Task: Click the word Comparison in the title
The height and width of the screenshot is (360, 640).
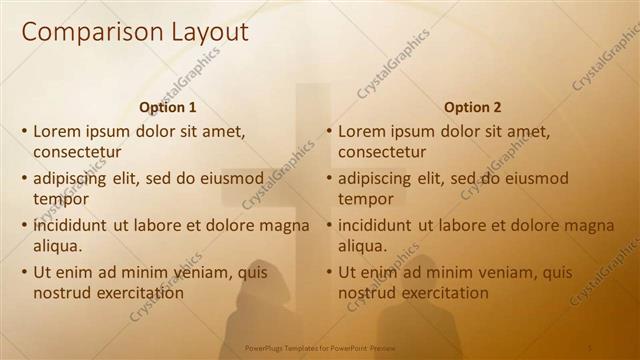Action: (x=85, y=32)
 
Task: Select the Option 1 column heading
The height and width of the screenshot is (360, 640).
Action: (x=168, y=107)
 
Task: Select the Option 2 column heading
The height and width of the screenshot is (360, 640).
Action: (x=473, y=107)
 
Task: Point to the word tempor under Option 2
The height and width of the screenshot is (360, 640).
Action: (x=366, y=199)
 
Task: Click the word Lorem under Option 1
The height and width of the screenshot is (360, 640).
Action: (x=57, y=130)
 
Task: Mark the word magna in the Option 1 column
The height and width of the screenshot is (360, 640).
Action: (x=284, y=225)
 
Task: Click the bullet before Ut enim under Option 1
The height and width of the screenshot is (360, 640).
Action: (x=25, y=272)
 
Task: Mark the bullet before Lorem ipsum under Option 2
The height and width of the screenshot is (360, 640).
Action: (x=329, y=131)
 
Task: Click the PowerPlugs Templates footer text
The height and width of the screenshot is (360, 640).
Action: (x=316, y=348)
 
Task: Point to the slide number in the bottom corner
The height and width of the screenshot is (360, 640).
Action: (x=590, y=348)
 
